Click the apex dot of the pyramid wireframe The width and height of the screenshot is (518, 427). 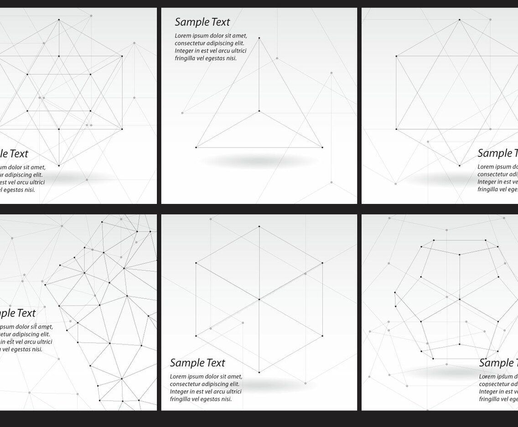(259, 38)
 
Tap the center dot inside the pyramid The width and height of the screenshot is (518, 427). (259, 111)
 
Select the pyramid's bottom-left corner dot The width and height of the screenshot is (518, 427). (196, 147)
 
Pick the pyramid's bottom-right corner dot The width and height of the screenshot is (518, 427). (322, 147)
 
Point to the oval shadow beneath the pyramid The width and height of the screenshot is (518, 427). (259, 161)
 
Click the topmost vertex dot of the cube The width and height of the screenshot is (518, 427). (259, 226)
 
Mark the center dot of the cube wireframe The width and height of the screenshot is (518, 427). (259, 299)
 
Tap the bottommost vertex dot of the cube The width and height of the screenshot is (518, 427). (259, 372)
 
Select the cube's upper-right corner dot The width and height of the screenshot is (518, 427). (322, 263)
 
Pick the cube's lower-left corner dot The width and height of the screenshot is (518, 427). (196, 336)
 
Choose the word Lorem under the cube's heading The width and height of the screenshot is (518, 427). (178, 376)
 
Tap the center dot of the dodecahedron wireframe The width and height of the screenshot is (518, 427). (460, 299)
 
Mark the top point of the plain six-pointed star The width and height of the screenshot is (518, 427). (460, 20)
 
